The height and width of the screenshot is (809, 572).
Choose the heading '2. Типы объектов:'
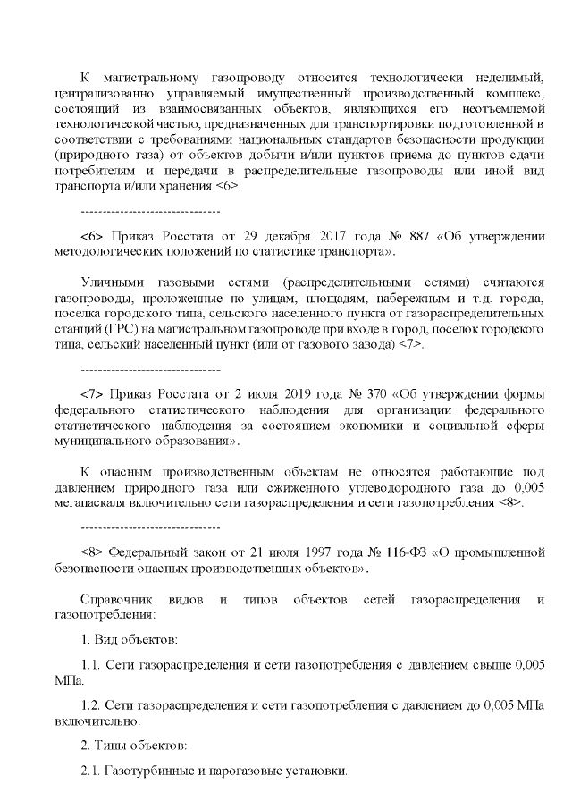(x=132, y=746)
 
